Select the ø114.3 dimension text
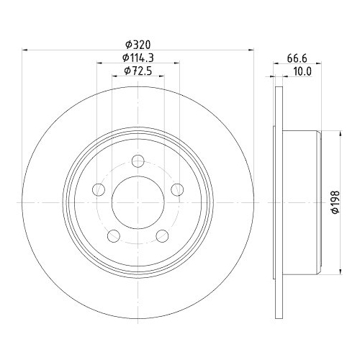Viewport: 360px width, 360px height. click(138, 58)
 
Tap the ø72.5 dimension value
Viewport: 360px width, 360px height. click(138, 71)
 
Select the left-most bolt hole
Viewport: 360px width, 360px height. click(99, 190)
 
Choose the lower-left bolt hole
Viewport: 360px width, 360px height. click(114, 235)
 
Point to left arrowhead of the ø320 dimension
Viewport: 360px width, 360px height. click(26, 50)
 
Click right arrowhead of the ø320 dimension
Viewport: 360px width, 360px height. click(251, 50)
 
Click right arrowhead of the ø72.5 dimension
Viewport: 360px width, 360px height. click(163, 77)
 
